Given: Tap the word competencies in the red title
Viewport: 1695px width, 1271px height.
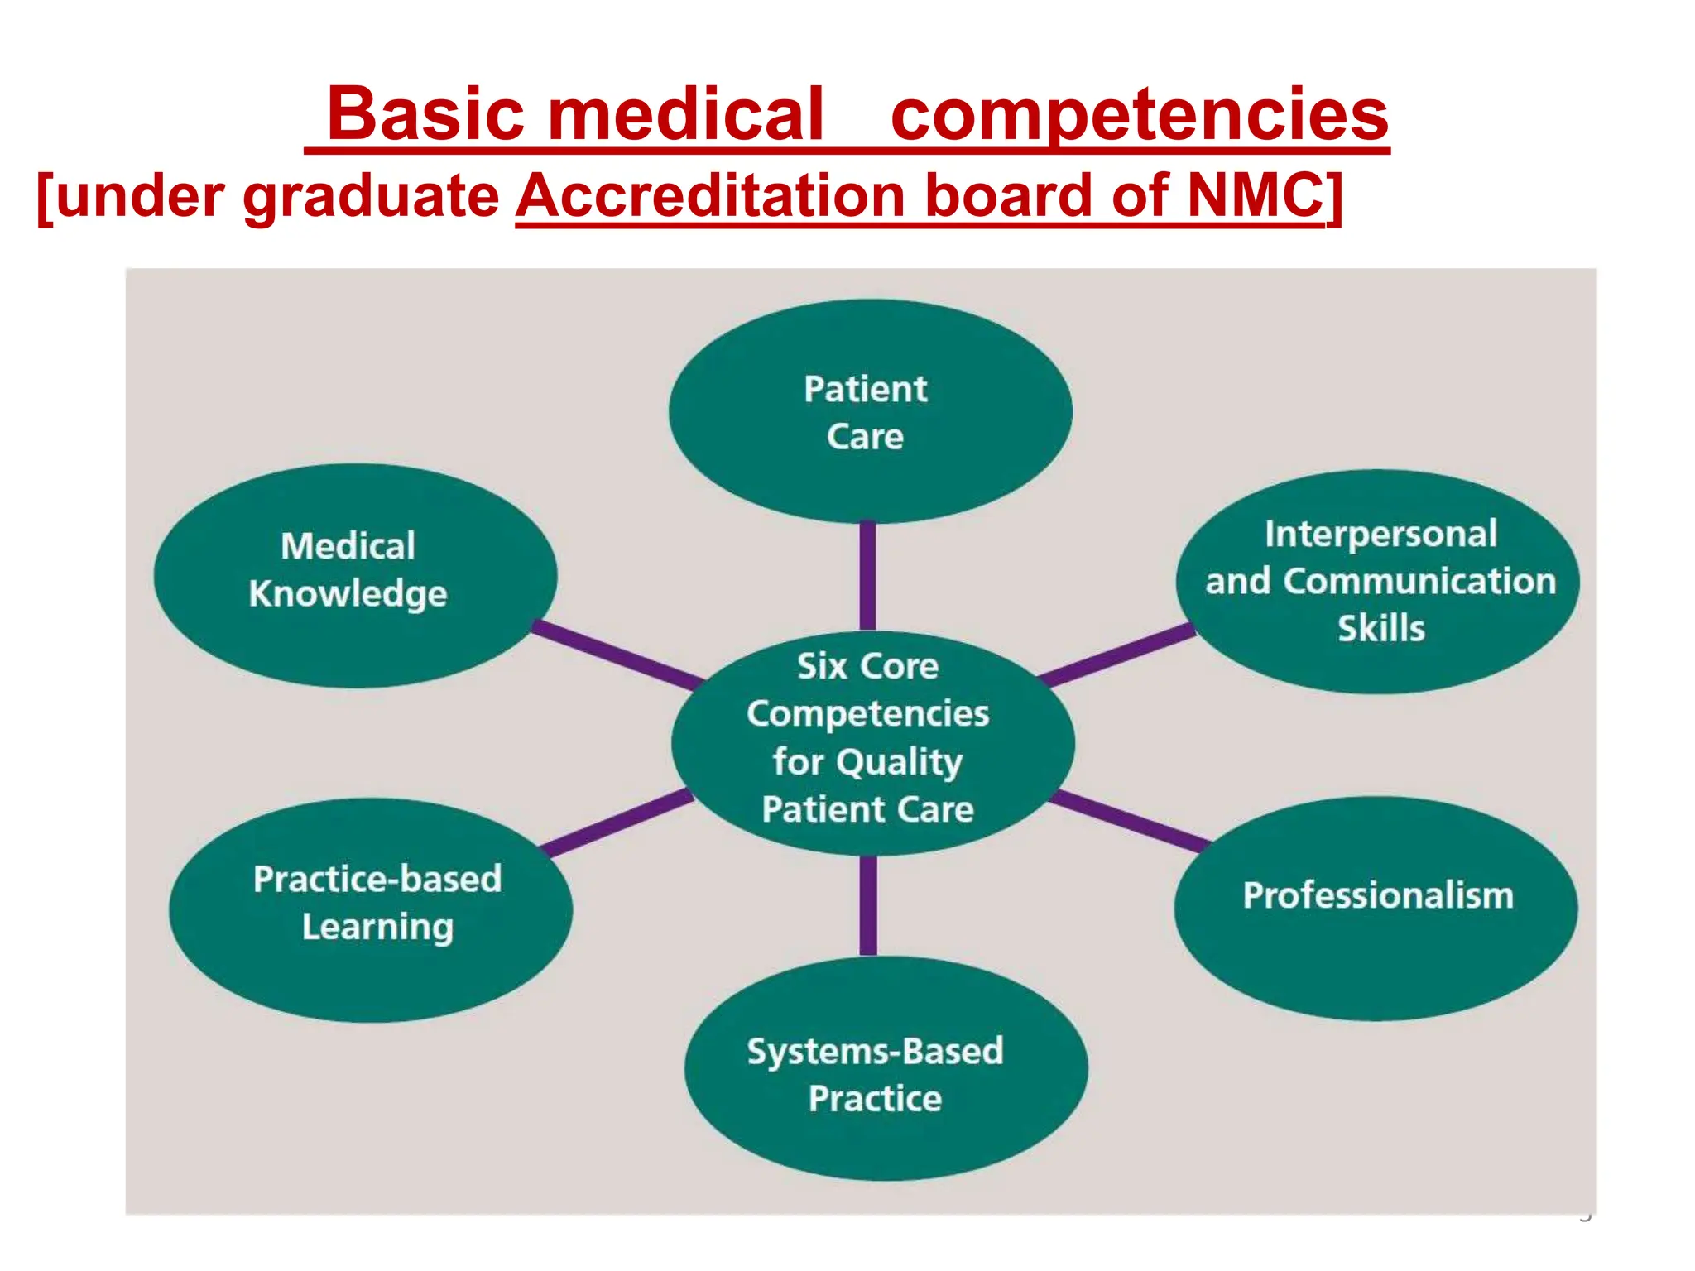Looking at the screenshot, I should coord(1139,116).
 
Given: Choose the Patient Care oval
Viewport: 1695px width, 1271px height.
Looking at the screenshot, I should coord(870,411).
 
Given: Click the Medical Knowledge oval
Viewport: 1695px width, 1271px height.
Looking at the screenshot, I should coord(354,575).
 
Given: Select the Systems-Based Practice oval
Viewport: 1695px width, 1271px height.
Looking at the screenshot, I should coord(886,1068).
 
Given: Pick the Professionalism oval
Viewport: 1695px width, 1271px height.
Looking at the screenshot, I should coord(1376,908).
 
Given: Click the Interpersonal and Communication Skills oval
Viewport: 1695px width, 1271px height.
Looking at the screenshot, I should coord(1377,581).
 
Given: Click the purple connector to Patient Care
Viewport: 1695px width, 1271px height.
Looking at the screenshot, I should coord(867,576).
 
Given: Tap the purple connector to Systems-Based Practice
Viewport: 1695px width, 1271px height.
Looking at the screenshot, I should coord(868,905).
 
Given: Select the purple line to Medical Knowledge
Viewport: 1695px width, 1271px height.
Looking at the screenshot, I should coord(616,655).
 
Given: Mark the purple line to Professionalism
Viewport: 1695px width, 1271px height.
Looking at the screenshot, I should coord(1129,821).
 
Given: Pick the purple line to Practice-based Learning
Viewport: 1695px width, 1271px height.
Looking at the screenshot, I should coord(617,823).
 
